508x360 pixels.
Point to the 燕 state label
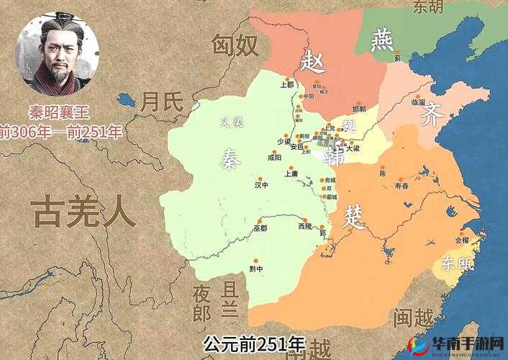[381, 42]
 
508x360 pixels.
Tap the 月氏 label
[162, 102]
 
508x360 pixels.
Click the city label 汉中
[261, 184]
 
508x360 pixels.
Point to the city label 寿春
[401, 185]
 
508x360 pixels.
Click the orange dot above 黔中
[253, 261]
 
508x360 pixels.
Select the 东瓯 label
[457, 264]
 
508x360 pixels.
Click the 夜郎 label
[202, 303]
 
